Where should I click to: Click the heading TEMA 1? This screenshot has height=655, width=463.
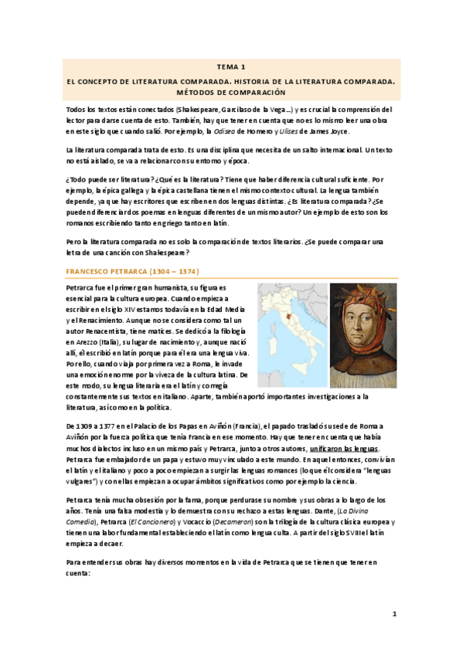tap(230, 67)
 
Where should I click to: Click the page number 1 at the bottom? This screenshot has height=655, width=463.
tap(393, 614)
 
